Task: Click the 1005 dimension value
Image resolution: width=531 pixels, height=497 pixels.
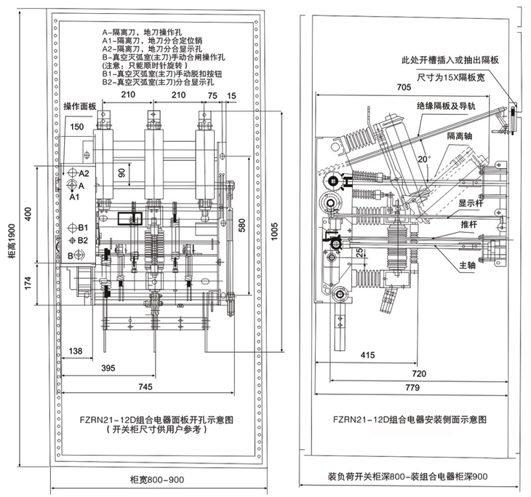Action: [275, 237]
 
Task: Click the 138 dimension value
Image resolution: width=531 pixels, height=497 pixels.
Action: [74, 351]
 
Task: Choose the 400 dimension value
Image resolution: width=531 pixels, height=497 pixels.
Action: [28, 215]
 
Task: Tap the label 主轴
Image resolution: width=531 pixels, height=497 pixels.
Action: [467, 266]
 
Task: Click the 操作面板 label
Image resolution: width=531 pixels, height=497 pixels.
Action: [80, 106]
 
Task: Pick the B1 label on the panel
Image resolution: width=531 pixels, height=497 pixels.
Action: [83, 227]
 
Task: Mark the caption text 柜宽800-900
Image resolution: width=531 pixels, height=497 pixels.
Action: [156, 480]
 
